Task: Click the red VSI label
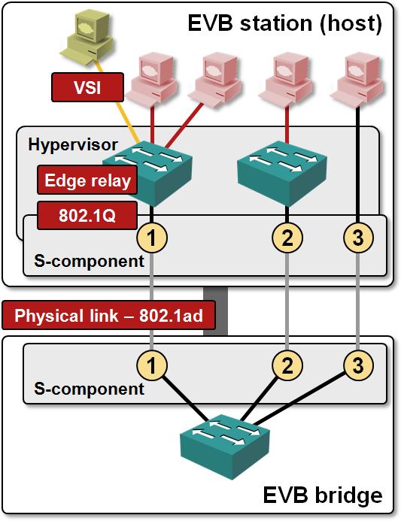87,87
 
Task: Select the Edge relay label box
87,180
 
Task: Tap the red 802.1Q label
87,215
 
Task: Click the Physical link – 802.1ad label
108,315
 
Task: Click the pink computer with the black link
357,80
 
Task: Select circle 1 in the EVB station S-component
152,238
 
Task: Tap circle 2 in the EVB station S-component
287,238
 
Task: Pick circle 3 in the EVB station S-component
358,238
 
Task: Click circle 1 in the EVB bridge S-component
152,365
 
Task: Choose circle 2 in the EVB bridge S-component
287,365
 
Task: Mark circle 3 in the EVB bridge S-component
358,365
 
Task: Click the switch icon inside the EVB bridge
225,447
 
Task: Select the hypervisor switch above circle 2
281,173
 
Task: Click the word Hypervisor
73,145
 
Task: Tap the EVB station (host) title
285,23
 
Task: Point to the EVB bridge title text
323,495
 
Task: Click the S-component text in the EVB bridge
89,389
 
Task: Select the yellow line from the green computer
117,102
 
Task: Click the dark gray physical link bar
215,311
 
